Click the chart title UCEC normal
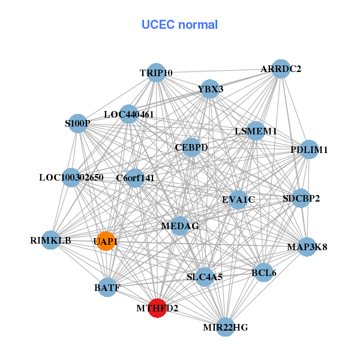coord(179,25)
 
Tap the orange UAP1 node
coord(106,241)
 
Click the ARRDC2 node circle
coord(280,69)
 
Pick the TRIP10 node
coord(156,73)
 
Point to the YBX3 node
coord(210,89)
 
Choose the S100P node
coord(78,124)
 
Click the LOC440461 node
coord(129,114)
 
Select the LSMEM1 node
coord(256,131)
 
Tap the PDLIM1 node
coord(308,149)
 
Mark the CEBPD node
coord(191,147)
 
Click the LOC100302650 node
coord(71,178)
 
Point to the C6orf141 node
coord(136,178)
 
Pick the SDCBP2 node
coord(301,198)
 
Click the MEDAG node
coord(179,226)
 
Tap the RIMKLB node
coord(50,241)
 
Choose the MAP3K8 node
coord(307,247)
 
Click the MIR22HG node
coord(225,327)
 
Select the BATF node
coord(107,288)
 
